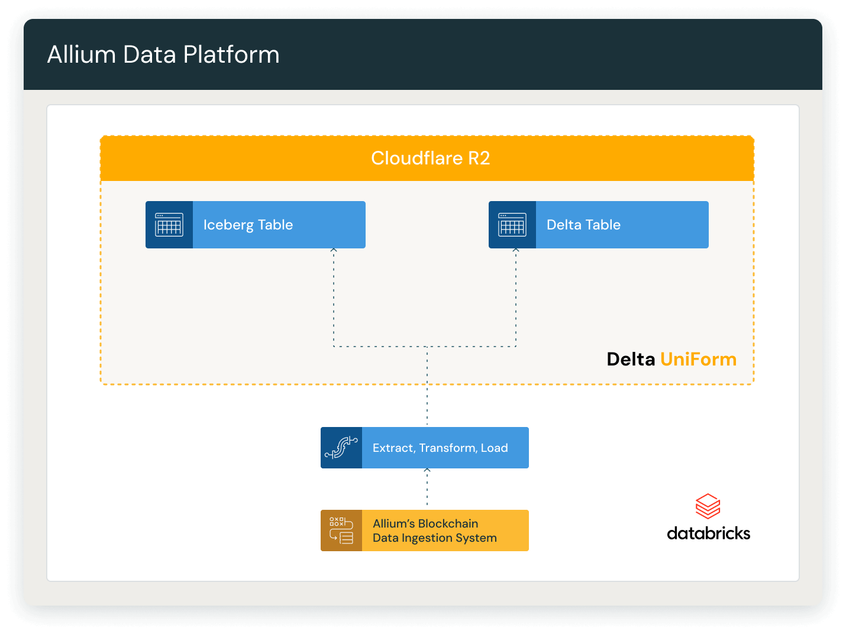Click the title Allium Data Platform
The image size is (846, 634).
pyautogui.click(x=163, y=54)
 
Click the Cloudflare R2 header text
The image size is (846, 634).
pyautogui.click(x=430, y=158)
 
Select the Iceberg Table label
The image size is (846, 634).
pyautogui.click(x=248, y=225)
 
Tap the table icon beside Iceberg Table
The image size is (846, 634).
pyautogui.click(x=169, y=225)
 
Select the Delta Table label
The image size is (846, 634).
pyautogui.click(x=583, y=225)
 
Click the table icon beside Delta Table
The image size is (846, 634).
pyautogui.click(x=512, y=225)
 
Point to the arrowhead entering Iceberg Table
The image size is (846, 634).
pyautogui.click(x=334, y=251)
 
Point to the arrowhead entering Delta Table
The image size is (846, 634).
pyautogui.click(x=516, y=251)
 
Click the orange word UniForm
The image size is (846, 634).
pyautogui.click(x=698, y=359)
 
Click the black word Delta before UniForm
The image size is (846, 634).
pyautogui.click(x=631, y=359)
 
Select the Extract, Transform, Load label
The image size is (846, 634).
pyautogui.click(x=440, y=448)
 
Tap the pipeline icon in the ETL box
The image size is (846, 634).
pyautogui.click(x=341, y=448)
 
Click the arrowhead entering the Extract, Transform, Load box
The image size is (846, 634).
pyautogui.click(x=427, y=471)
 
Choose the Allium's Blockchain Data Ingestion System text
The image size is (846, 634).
pyautogui.click(x=434, y=531)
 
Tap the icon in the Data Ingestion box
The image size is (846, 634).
pyautogui.click(x=341, y=531)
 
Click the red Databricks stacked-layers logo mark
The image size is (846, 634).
pyautogui.click(x=708, y=506)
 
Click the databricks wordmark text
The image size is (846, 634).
pyautogui.click(x=708, y=533)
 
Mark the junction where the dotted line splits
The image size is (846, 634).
pyautogui.click(x=427, y=347)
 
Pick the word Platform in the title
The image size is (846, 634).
pyautogui.click(x=231, y=54)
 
